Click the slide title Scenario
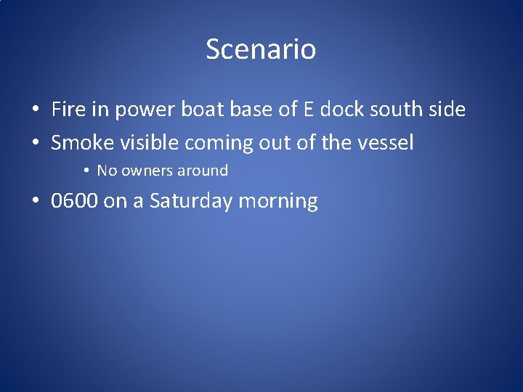click(x=261, y=49)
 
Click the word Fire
click(x=68, y=110)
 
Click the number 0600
click(x=74, y=201)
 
